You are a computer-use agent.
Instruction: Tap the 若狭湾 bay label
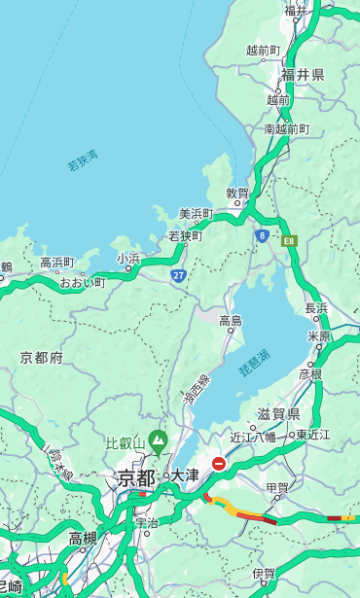[x=82, y=160]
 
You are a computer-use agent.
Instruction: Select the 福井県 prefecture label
[x=303, y=75]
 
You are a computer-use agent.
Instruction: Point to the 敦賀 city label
[x=237, y=193]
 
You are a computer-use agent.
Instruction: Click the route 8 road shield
[x=262, y=235]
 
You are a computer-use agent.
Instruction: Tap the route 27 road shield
[x=178, y=275]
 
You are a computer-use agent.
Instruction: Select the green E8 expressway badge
[x=289, y=238]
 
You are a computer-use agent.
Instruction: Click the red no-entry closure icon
[x=219, y=465]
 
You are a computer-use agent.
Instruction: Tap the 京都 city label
[x=136, y=477]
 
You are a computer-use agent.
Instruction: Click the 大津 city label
[x=184, y=476]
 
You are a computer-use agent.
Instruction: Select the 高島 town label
[x=231, y=321]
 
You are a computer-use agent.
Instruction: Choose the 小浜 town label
[x=128, y=259]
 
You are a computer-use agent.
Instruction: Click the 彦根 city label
[x=309, y=372]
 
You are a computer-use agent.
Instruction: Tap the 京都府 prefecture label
[x=42, y=358]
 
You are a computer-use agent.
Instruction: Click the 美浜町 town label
[x=196, y=213]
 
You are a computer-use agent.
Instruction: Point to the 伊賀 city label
[x=263, y=574]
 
